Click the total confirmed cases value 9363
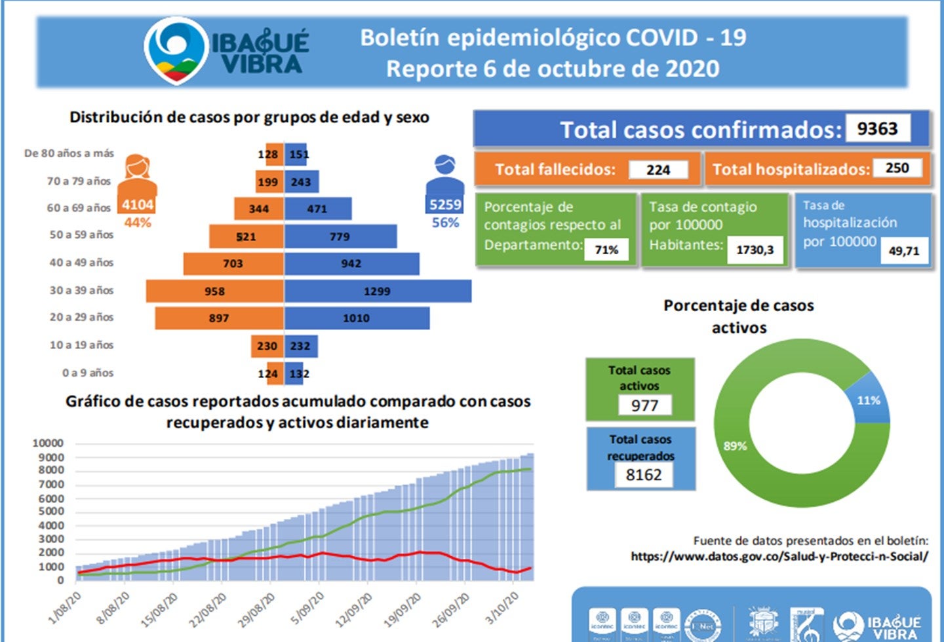877,128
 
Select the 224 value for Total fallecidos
658,170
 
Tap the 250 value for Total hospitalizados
897,168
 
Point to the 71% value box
606,250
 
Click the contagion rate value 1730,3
755,250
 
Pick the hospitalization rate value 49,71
904,251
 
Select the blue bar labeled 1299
378,292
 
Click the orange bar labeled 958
214,292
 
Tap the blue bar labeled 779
340,236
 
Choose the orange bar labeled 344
259,209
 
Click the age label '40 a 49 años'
81,263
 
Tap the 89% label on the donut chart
735,446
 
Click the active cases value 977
644,406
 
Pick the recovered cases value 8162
644,475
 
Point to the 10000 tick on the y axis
48,444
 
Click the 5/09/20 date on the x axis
308,608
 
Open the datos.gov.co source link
779,556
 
